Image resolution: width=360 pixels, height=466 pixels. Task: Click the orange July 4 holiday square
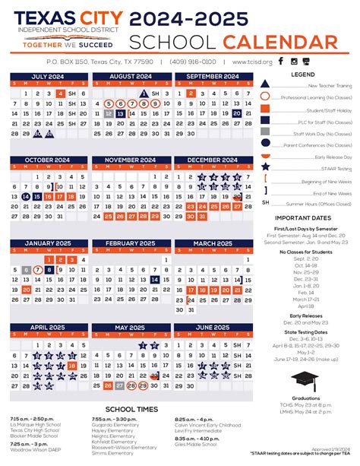[59, 93]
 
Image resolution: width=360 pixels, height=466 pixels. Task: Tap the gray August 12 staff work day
[109, 113]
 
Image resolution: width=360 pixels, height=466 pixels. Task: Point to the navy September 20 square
[238, 113]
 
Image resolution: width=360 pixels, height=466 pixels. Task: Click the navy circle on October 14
[27, 196]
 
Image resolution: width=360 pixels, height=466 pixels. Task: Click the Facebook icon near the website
[280, 61]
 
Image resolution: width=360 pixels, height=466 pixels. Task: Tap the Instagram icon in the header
[294, 61]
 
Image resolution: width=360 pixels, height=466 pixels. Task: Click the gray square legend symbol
[264, 119]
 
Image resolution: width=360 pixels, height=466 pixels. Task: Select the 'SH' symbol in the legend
[265, 202]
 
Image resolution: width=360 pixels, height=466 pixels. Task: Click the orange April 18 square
[71, 365]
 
